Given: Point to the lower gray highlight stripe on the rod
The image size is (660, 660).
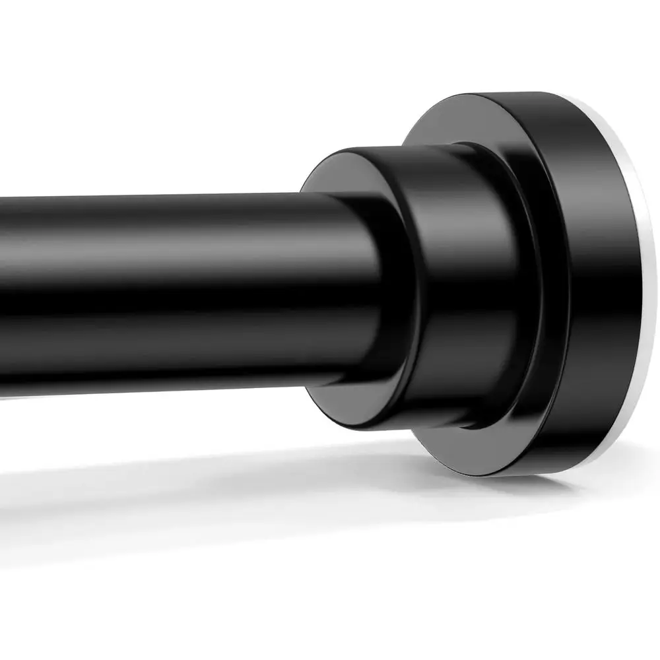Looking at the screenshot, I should (165, 343).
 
